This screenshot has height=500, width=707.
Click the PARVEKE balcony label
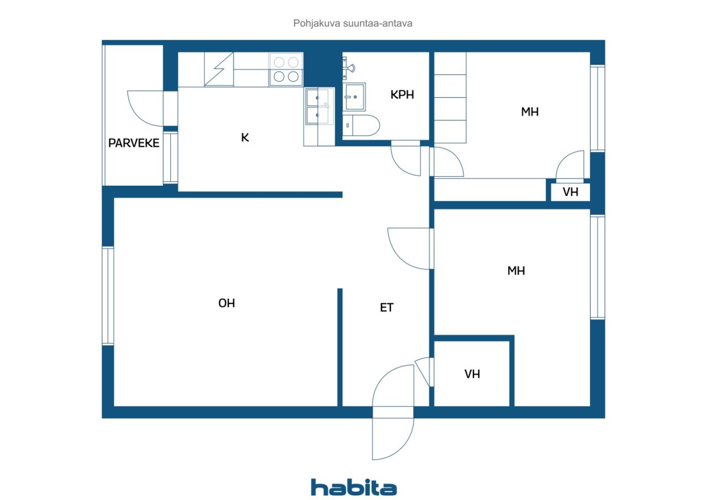click(x=134, y=143)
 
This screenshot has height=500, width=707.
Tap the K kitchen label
click(x=245, y=138)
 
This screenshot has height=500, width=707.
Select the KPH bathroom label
click(x=402, y=94)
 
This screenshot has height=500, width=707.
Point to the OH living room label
click(x=226, y=303)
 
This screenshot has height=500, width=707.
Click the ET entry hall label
click(x=387, y=308)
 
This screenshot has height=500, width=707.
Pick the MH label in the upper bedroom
click(x=530, y=112)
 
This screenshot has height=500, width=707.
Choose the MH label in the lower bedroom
click(x=516, y=271)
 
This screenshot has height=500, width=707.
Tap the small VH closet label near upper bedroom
click(x=571, y=192)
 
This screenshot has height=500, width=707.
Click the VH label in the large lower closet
click(x=472, y=374)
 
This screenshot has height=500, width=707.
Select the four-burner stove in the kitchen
click(x=286, y=70)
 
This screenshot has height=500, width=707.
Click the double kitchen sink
click(x=318, y=106)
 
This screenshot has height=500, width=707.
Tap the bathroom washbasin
click(x=354, y=97)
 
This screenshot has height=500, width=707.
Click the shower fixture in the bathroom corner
click(x=349, y=69)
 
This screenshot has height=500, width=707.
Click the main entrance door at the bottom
click(x=393, y=412)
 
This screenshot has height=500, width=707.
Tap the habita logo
click(x=353, y=487)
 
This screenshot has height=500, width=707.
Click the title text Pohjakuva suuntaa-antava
click(x=353, y=24)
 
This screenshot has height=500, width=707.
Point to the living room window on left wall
click(x=108, y=296)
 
